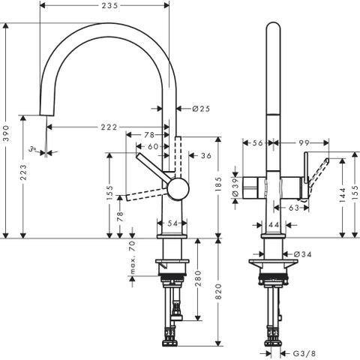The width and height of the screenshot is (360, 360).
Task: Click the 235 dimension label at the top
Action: coord(109,5)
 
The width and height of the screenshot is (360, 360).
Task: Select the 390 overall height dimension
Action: coord(5,133)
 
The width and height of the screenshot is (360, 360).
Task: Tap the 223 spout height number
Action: coord(23,172)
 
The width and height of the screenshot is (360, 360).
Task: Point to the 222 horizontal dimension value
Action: coord(109,127)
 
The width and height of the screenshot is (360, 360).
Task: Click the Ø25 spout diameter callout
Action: coord(201,109)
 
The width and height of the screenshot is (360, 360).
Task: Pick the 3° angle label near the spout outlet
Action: coord(32,149)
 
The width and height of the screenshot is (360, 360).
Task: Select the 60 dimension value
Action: coord(153,146)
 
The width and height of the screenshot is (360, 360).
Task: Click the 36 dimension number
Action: coord(206,155)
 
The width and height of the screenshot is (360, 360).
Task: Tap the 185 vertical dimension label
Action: coord(218,184)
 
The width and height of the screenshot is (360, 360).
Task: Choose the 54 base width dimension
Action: coord(172,223)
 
